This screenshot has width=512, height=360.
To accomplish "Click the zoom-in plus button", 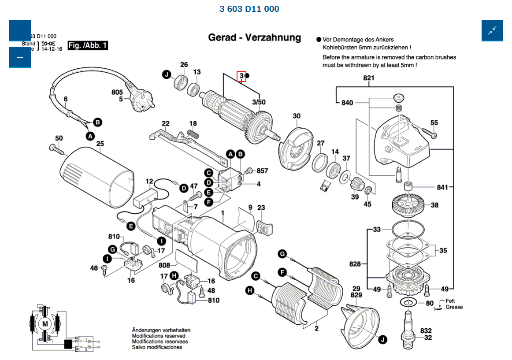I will (20, 31).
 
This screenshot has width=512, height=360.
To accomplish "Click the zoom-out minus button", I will (20, 57).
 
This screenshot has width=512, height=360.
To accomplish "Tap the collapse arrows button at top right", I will (492, 31).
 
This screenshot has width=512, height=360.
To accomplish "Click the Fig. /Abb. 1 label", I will (88, 45).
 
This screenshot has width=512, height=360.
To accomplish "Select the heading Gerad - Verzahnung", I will (254, 37).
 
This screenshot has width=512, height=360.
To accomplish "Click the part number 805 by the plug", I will (117, 93).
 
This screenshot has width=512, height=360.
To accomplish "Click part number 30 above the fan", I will (297, 116).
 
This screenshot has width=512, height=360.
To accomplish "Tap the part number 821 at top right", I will (368, 78).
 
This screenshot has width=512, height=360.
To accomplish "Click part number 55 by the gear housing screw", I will (434, 123).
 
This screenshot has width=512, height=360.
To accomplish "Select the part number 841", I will (442, 187).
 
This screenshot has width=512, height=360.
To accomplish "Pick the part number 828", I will (355, 264).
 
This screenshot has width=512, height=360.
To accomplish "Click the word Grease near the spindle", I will (454, 307).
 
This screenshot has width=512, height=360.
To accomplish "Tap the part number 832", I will (426, 330).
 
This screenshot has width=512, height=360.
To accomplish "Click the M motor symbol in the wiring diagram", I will (45, 324).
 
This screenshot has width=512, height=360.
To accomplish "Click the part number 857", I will (263, 171).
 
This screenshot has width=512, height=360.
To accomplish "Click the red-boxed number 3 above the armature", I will (241, 76).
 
